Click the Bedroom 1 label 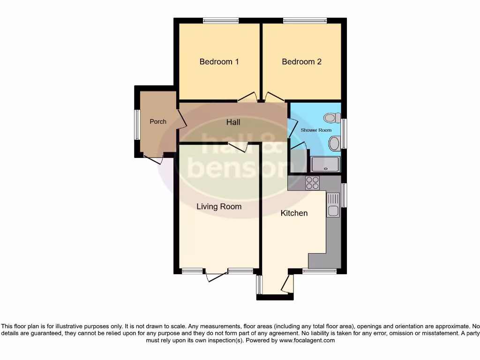(x=219, y=61)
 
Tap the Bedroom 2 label (x=301, y=61)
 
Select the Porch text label (x=158, y=121)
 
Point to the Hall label (x=233, y=122)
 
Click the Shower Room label (x=316, y=130)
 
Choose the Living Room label (x=219, y=206)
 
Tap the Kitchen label (x=294, y=213)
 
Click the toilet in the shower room (x=332, y=118)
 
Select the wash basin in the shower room (x=334, y=143)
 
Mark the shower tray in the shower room (x=325, y=164)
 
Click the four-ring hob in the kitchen (x=312, y=183)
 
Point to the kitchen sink (x=333, y=205)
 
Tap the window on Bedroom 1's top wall (x=221, y=21)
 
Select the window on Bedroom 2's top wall (x=305, y=21)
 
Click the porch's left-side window (x=137, y=124)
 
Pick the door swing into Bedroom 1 (x=247, y=98)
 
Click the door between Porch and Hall (x=181, y=119)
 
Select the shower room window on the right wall (x=344, y=134)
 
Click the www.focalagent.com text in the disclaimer (x=307, y=341)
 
